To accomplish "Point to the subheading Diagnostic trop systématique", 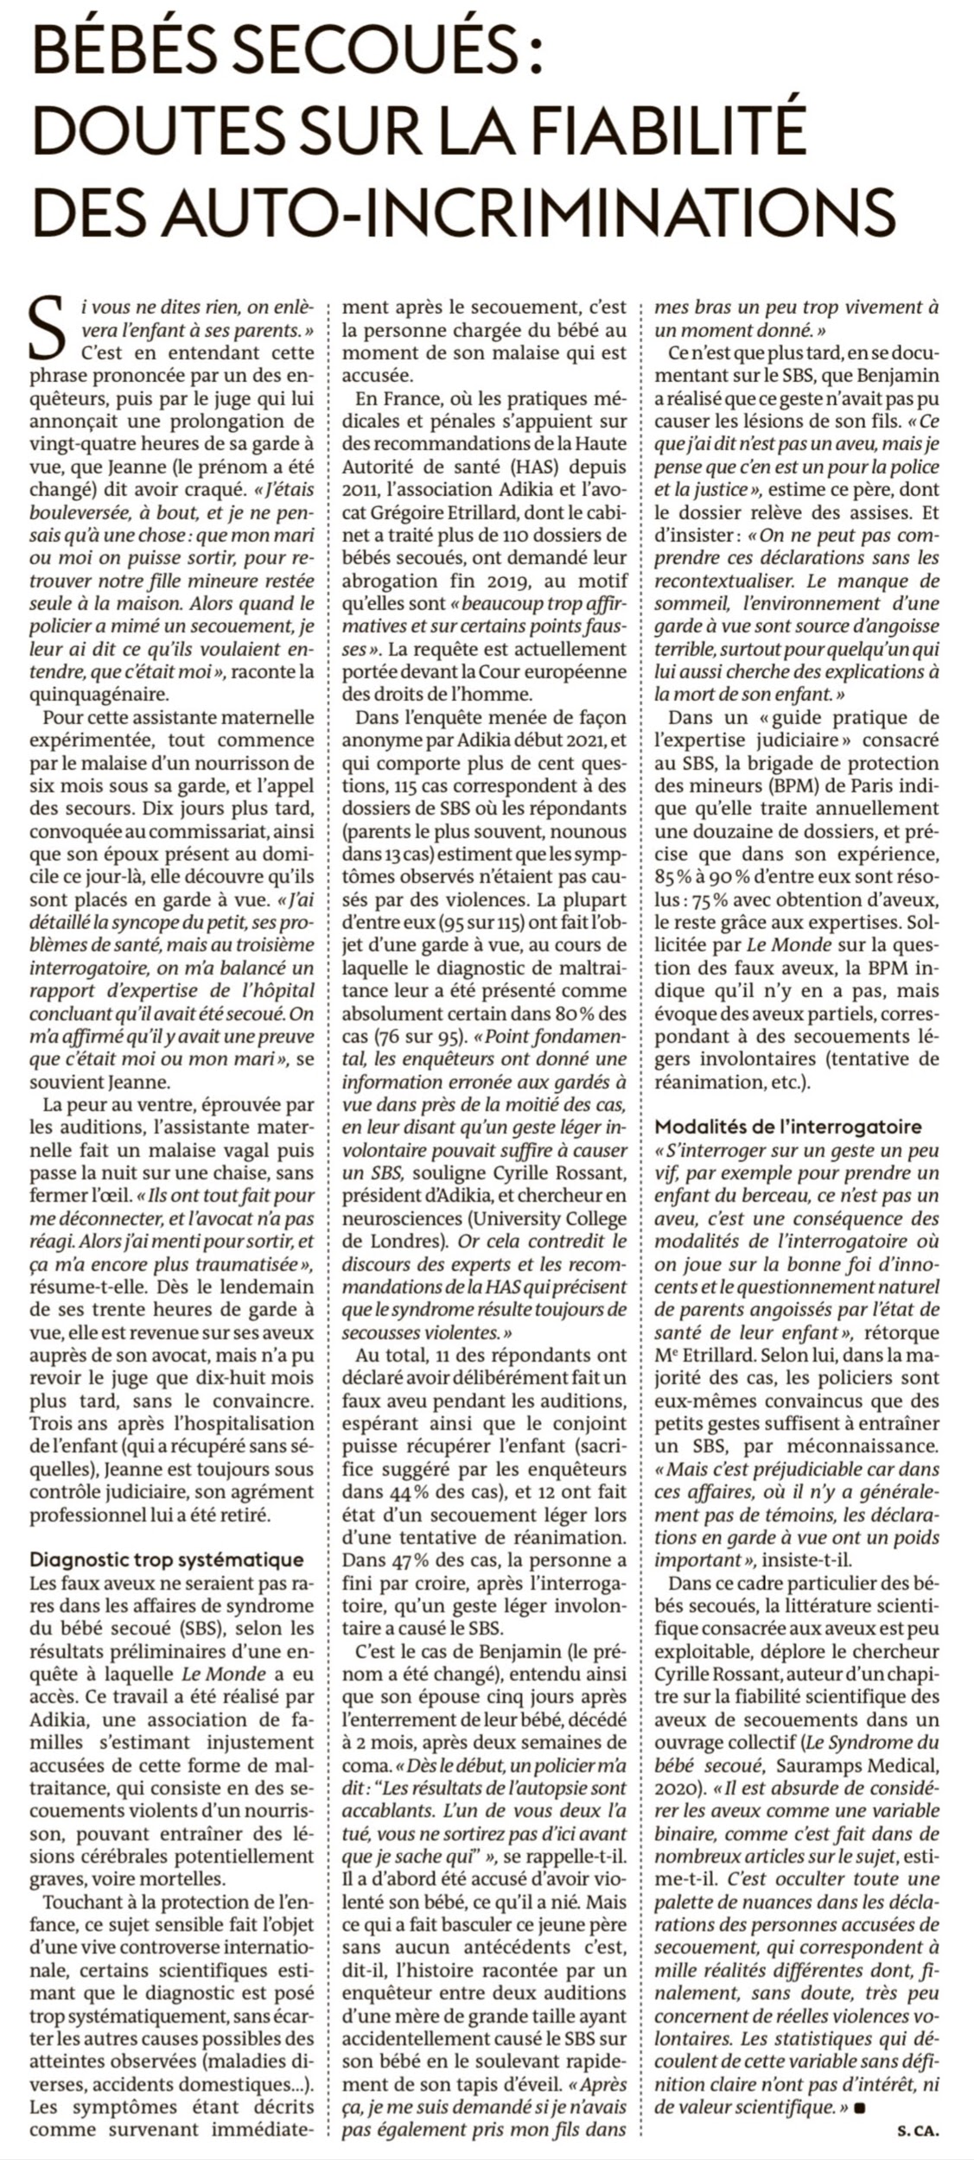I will (167, 1560).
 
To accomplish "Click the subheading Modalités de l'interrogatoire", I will (788, 1127).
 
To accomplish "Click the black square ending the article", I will (859, 2107).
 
